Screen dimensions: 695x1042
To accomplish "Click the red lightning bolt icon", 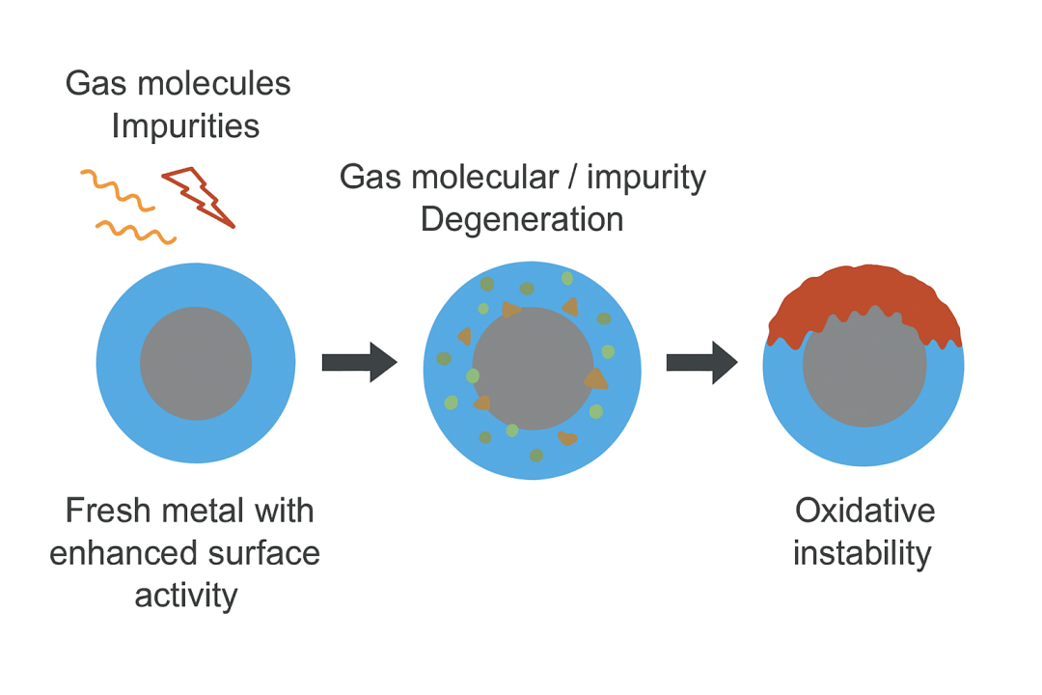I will coord(200,196).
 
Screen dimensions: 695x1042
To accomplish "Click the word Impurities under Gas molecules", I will coord(185,126).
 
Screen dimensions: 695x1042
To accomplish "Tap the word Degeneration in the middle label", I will coord(521,219).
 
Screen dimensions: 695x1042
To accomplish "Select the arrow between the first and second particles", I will coord(359,363).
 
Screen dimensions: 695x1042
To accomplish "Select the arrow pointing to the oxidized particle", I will coord(702,363).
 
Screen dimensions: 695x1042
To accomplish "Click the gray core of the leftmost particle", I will coord(196,364).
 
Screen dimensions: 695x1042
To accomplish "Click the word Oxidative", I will coord(864,511).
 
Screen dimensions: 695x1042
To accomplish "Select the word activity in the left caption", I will coord(186,596).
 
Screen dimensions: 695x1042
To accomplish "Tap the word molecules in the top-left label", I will coord(228,84).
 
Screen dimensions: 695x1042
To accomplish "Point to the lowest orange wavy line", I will coord(135,231).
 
